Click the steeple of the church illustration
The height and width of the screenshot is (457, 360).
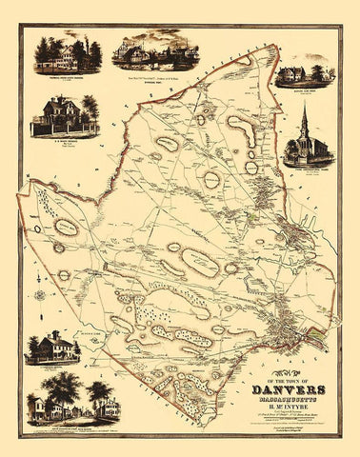[x=303, y=113]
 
